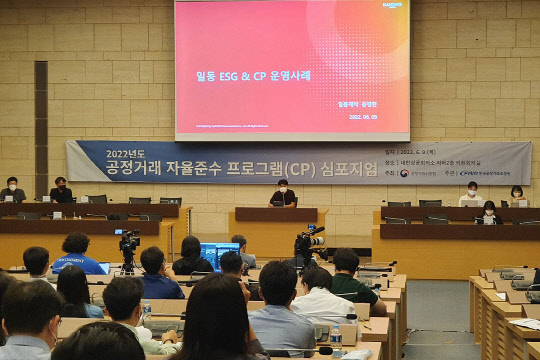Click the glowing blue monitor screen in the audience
click(x=218, y=252)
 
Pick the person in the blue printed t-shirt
click(x=77, y=255)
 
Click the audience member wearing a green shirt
click(x=348, y=277)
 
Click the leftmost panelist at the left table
click(x=12, y=190)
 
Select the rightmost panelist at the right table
click(x=517, y=195)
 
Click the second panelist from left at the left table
click(x=61, y=190)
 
